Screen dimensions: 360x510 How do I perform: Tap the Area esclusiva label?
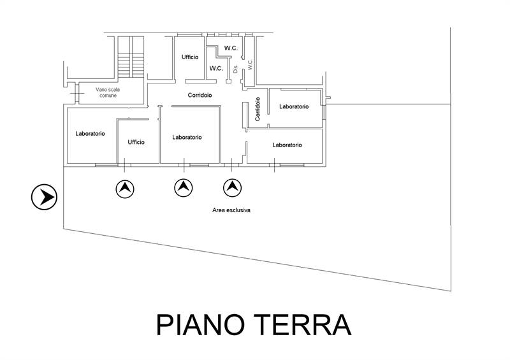pos(232,210)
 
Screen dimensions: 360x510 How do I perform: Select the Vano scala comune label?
pos(108,93)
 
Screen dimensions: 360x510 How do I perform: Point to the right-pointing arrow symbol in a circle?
pos(45,197)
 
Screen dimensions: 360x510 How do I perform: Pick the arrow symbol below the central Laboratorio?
pos(184,188)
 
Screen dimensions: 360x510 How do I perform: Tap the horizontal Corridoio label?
pos(200,95)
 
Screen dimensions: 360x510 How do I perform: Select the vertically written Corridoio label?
pos(258,109)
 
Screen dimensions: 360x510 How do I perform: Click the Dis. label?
pos(235,69)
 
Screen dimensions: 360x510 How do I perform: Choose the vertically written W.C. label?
pos(250,65)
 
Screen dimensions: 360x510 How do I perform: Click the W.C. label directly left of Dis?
pos(216,69)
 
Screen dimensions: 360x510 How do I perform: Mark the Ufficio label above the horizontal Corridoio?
pos(189,57)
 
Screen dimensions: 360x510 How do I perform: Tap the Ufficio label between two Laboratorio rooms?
pos(136,142)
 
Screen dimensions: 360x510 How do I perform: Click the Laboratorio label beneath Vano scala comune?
pos(90,134)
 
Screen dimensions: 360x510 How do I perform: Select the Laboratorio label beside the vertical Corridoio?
pos(294,106)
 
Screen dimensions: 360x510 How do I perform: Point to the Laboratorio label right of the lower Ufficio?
pos(187,137)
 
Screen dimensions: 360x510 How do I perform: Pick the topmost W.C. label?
pos(230,48)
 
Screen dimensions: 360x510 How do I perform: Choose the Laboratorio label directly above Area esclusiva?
pos(287,145)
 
